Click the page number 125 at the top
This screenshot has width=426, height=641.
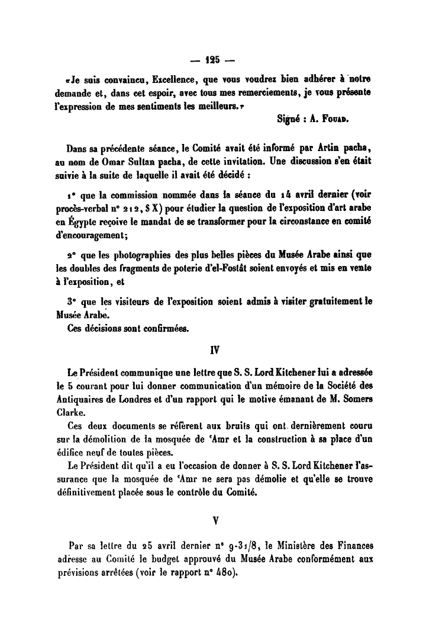click(213, 59)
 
